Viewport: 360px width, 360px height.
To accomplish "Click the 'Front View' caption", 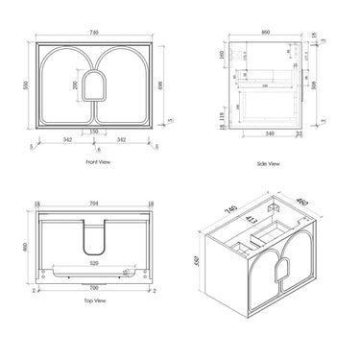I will click(87, 164).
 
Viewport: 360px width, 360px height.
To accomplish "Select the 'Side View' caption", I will click(268, 164).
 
